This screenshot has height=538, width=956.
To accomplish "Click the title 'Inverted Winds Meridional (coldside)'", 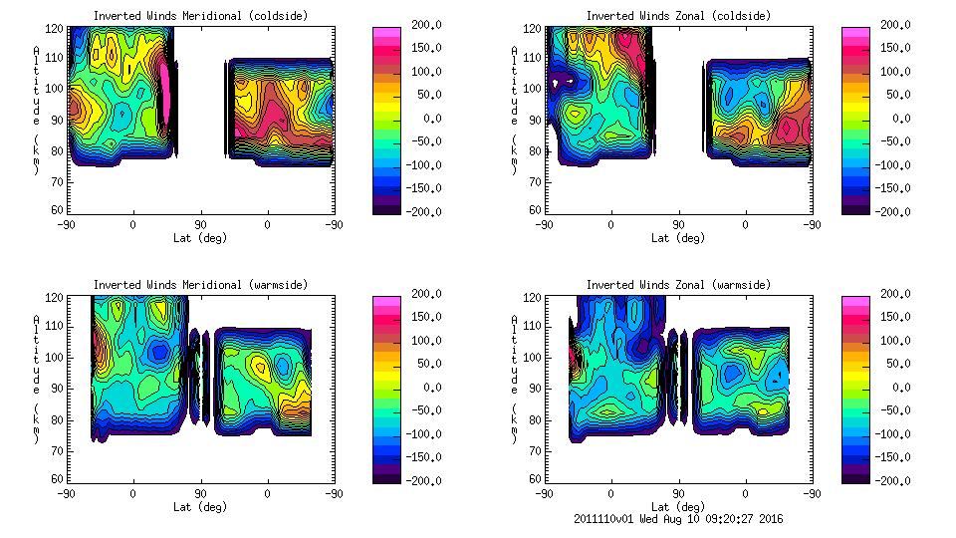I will pos(200,16).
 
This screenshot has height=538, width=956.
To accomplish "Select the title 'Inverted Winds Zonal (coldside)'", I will pos(678,16).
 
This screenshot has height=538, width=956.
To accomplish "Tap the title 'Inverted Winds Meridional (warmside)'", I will pos(200,285).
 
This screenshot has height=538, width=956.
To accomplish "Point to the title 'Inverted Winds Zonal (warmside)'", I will pos(678,285).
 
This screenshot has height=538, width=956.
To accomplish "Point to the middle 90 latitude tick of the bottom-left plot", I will pos(200,493).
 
